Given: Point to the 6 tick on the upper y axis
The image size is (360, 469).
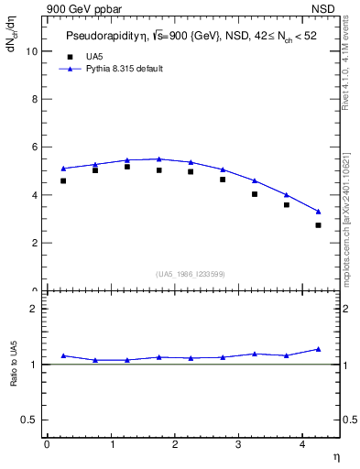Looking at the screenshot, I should (36, 147).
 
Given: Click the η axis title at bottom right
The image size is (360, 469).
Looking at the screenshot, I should (335, 455).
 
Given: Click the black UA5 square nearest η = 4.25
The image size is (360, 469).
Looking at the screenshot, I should (318, 225).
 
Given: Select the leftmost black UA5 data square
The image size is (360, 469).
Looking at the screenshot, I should (63, 180).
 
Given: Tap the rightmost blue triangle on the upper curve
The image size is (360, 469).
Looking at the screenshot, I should (318, 212).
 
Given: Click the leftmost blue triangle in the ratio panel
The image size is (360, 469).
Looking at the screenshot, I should (63, 355).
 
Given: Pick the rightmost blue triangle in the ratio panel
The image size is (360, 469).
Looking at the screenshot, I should (318, 349).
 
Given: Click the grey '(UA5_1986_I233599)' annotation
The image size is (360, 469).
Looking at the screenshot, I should (191, 273).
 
